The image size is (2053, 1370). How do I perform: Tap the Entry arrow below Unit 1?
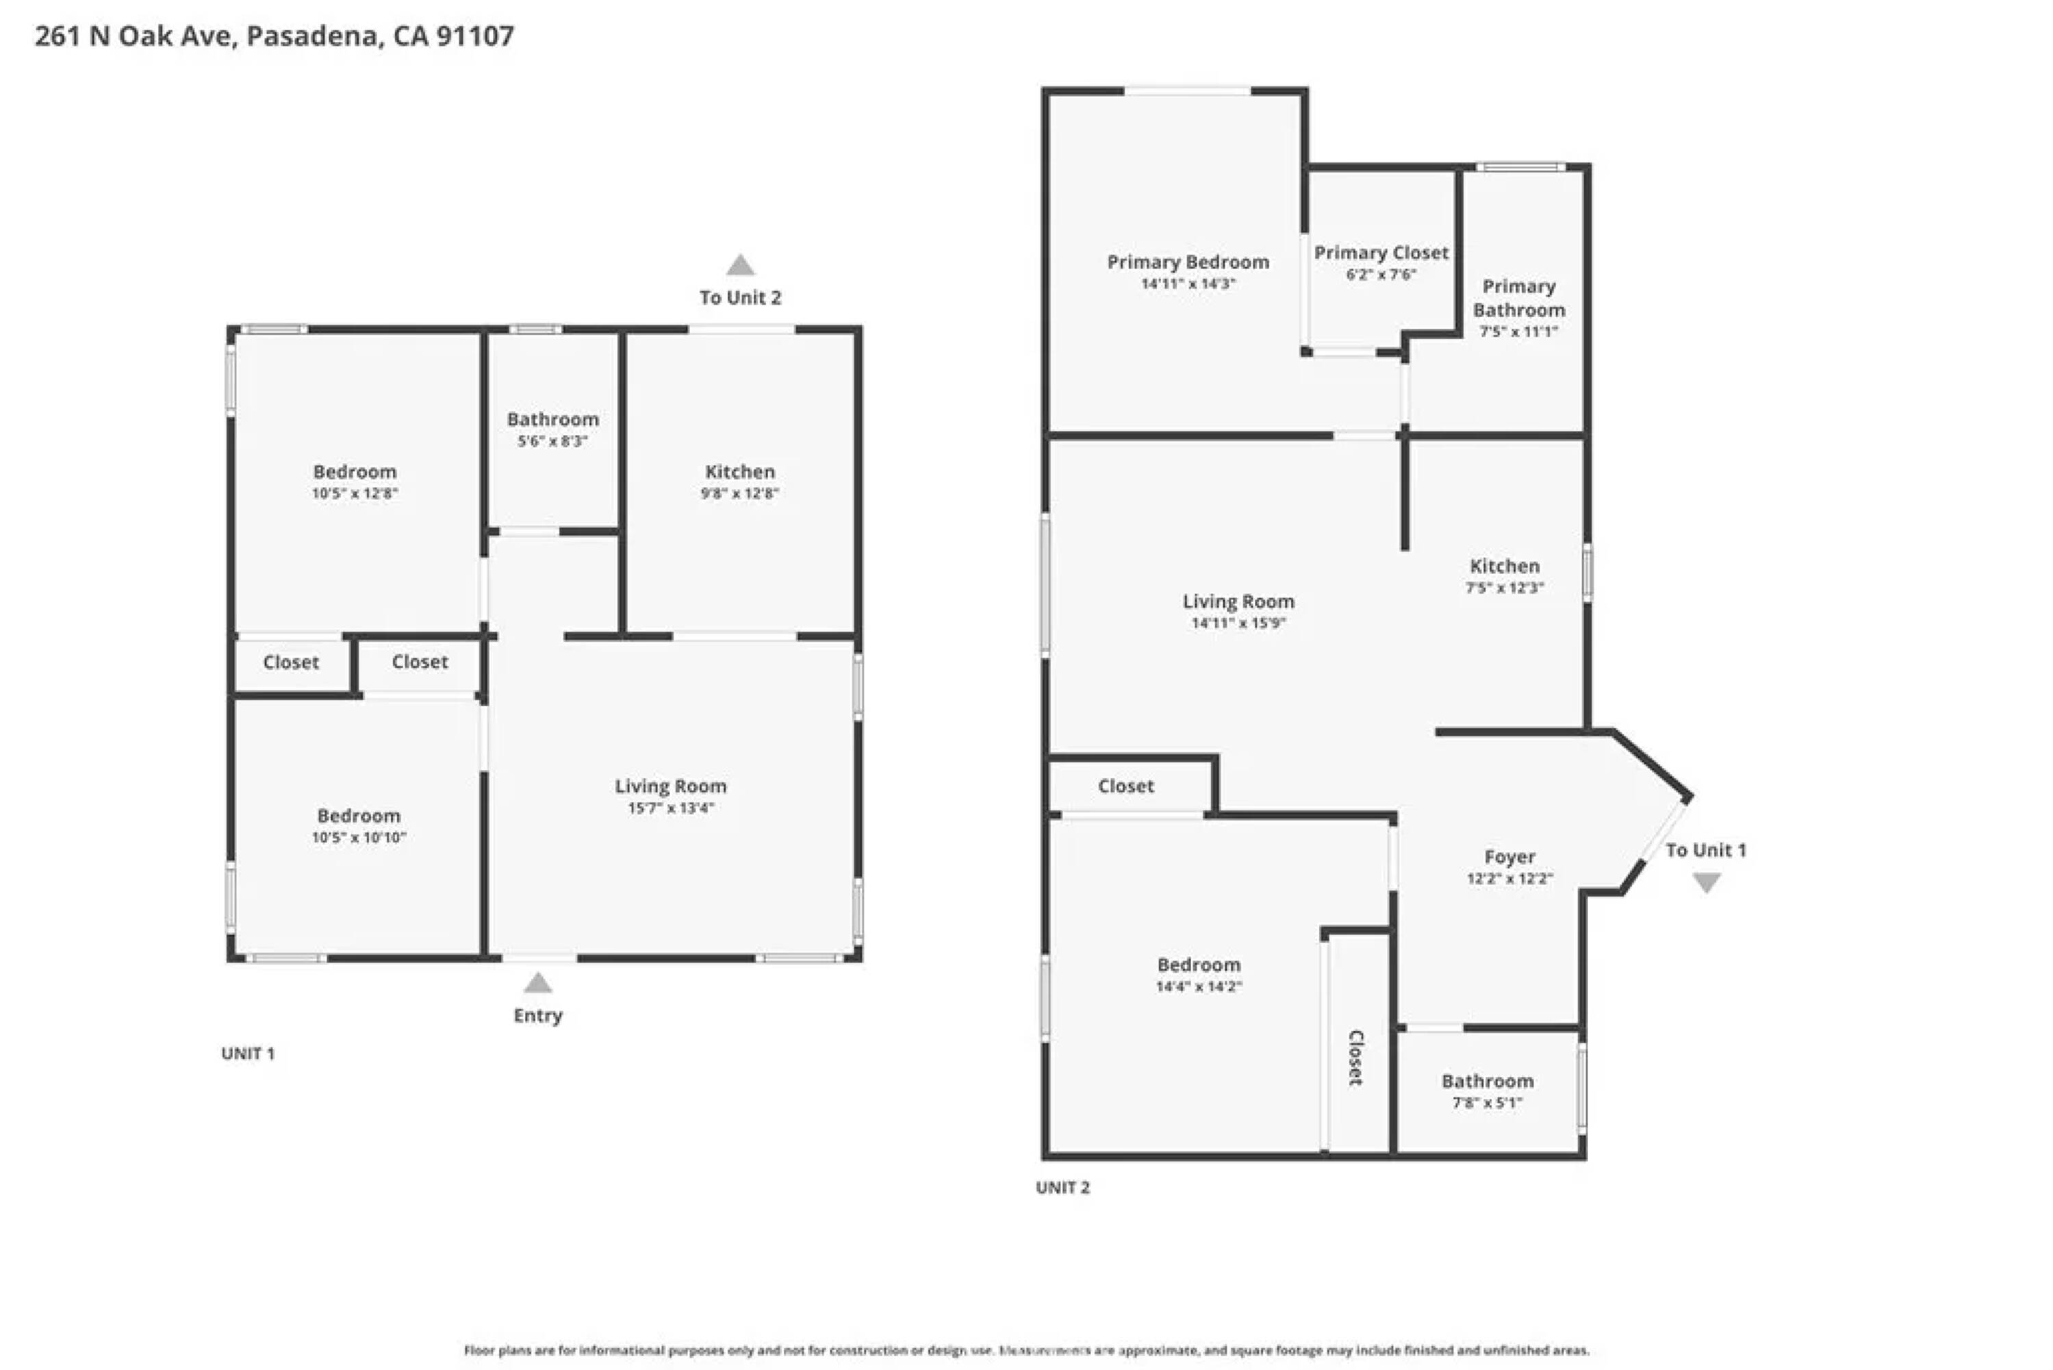coord(538,983)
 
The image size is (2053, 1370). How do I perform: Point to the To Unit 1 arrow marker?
coord(1707,884)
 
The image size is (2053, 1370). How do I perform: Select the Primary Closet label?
coord(1381,253)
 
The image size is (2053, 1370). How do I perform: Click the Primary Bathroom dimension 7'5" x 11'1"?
coord(1518,331)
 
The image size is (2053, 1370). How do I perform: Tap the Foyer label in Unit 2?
coord(1510,857)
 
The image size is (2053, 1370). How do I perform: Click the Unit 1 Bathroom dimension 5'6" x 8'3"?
coord(552,441)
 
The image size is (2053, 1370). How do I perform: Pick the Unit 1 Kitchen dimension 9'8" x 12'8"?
coord(739,493)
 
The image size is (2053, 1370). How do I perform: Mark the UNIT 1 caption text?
coord(248,1054)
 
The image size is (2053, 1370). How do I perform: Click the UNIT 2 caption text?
coord(1062,1187)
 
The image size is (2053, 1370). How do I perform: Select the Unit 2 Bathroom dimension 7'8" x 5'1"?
coord(1487,1103)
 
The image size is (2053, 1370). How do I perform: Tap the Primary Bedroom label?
coord(1188,262)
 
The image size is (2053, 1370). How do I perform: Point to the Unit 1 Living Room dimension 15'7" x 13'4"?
coord(671,808)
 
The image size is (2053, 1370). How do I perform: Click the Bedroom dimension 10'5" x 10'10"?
coord(359,837)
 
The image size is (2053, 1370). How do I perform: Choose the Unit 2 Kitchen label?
coord(1505,566)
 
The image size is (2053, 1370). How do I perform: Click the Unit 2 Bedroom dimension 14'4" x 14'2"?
coord(1199,986)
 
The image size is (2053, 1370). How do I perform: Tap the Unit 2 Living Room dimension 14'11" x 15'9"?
coord(1238,623)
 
